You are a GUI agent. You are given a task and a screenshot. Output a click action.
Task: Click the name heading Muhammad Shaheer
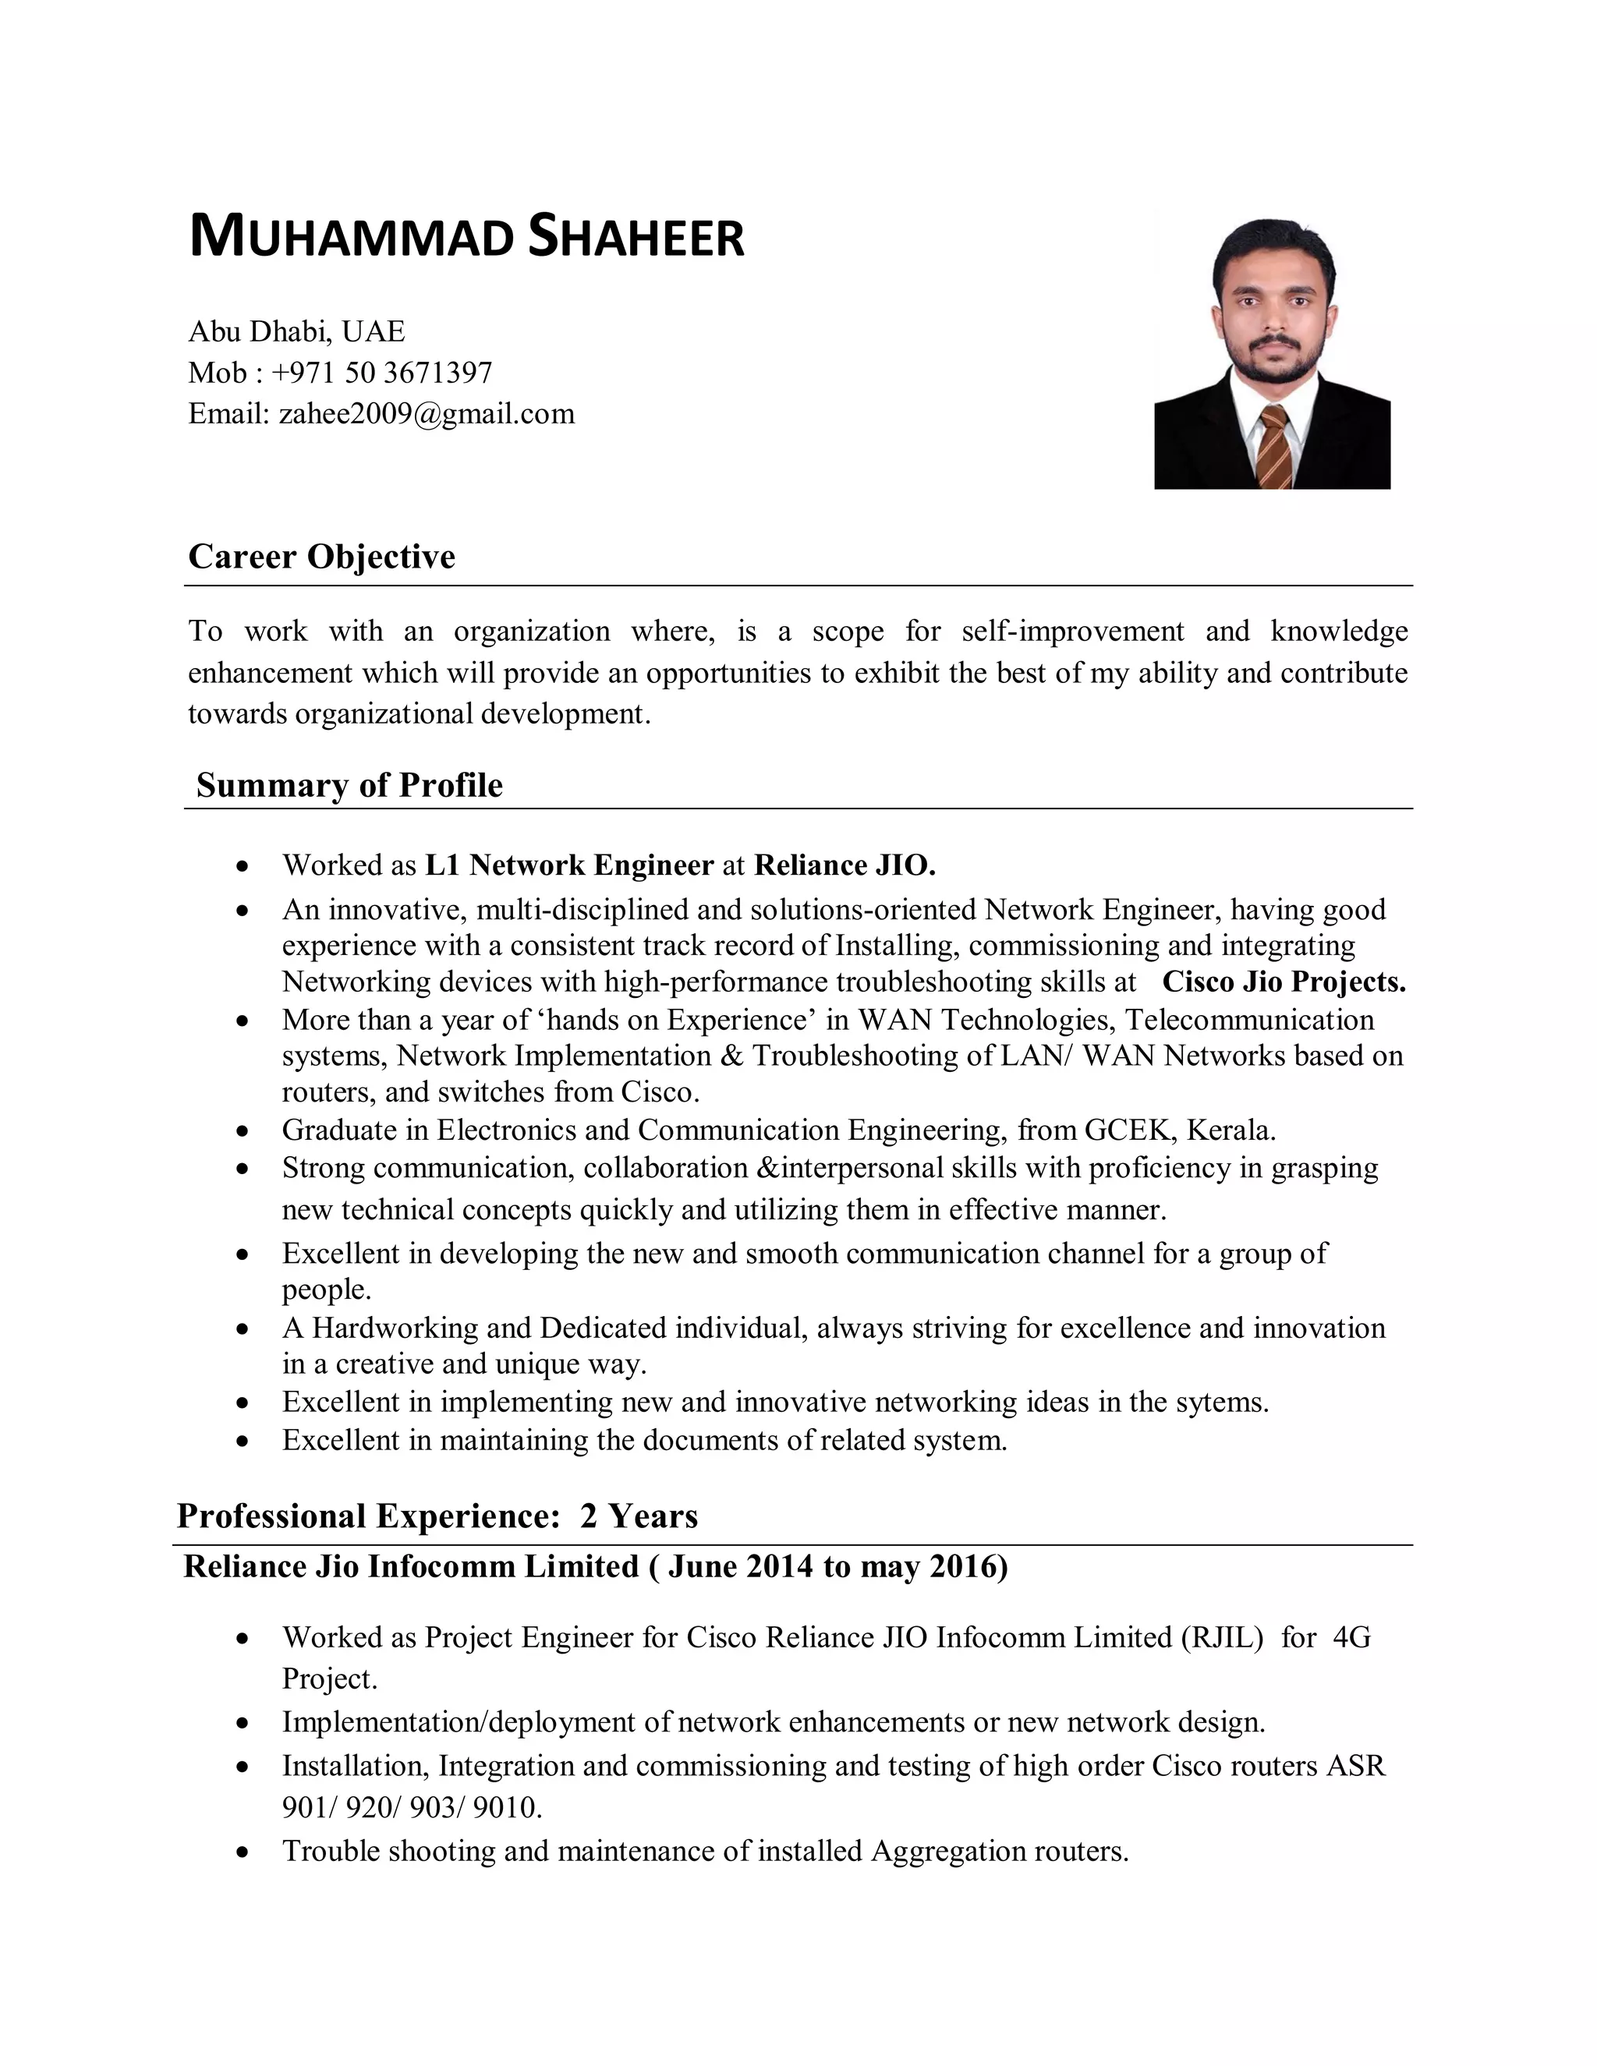pyautogui.click(x=466, y=238)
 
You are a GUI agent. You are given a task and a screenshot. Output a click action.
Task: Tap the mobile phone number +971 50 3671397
pyautogui.click(x=381, y=373)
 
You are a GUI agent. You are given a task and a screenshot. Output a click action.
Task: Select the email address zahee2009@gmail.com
pyautogui.click(x=426, y=413)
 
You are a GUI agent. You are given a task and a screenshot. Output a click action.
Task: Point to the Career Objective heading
pyautogui.click(x=322, y=556)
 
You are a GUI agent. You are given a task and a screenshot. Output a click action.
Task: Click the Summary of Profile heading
pyautogui.click(x=349, y=785)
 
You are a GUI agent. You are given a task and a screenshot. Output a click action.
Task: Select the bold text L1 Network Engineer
pyautogui.click(x=569, y=865)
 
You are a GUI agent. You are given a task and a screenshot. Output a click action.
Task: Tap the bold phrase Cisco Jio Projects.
pyautogui.click(x=1284, y=982)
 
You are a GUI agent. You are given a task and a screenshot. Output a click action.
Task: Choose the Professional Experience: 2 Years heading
pyautogui.click(x=437, y=1516)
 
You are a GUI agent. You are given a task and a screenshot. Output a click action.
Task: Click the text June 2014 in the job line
pyautogui.click(x=740, y=1566)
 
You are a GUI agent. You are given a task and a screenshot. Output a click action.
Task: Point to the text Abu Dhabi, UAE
pyautogui.click(x=296, y=331)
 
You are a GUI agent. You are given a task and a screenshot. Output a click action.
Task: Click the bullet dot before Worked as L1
pyautogui.click(x=243, y=865)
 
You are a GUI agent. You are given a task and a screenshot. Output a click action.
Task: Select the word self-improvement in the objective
pyautogui.click(x=1072, y=631)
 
